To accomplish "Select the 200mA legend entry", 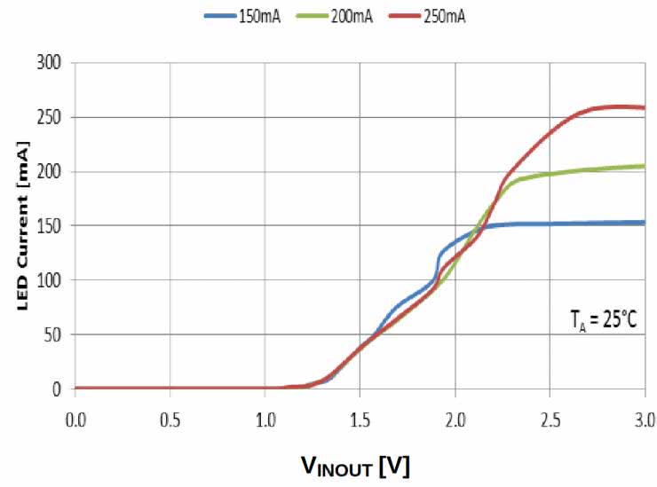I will click(x=330, y=16).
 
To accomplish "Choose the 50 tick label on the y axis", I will click(x=56, y=334).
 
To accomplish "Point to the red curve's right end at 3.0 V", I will click(x=644, y=107).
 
